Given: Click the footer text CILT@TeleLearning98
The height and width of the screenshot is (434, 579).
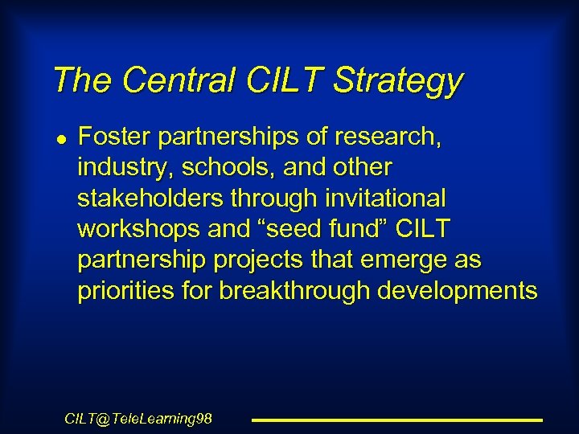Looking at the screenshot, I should click(138, 419).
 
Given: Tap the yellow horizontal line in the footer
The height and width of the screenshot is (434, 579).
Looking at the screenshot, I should click(397, 420).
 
